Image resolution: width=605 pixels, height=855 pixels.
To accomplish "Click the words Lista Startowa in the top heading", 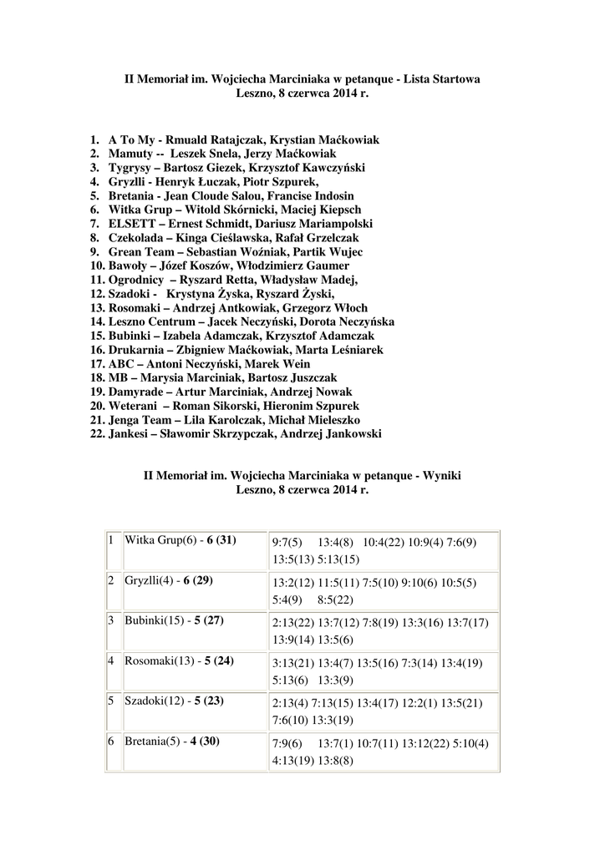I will click(x=441, y=79).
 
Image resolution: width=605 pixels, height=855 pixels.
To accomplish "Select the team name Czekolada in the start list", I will click(x=137, y=238).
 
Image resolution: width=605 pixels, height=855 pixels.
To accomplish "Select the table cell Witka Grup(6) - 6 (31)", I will click(x=180, y=540).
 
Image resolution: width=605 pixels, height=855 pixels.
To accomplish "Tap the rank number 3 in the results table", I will click(x=110, y=620).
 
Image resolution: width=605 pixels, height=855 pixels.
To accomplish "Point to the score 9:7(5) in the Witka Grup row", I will click(x=287, y=543).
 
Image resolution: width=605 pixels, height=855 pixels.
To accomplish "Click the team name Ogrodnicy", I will click(x=137, y=280).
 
